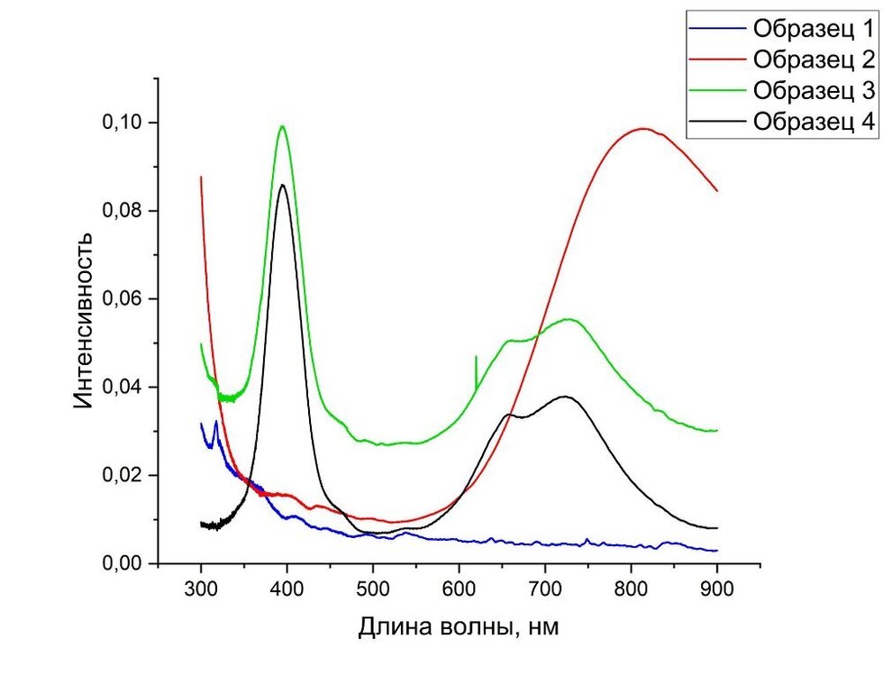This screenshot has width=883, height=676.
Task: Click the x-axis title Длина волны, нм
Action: coord(459,627)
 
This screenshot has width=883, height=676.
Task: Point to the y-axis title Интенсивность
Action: coord(83,320)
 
